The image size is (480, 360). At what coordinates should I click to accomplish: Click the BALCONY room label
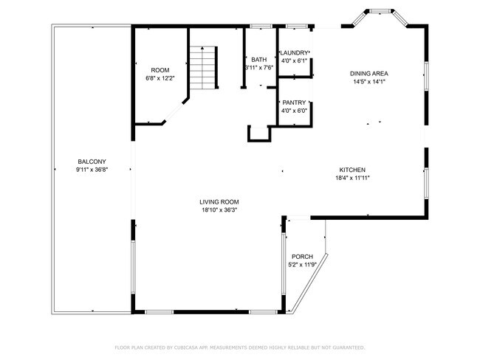(x=92, y=162)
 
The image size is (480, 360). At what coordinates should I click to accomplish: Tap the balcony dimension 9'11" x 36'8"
(x=92, y=170)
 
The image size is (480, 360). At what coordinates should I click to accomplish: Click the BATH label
(x=258, y=60)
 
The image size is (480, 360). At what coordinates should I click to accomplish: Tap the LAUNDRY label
(x=295, y=52)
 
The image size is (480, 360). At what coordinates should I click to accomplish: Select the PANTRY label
(x=295, y=103)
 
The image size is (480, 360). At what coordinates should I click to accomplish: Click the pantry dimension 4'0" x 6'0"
(x=295, y=111)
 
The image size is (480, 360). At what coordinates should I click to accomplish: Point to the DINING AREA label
(x=368, y=74)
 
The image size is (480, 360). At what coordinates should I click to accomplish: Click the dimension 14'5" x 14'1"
(x=368, y=82)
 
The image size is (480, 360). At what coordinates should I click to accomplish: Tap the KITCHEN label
(x=352, y=170)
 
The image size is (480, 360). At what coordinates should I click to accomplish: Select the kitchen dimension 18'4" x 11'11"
(x=352, y=178)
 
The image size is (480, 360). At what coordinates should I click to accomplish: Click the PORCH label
(x=302, y=257)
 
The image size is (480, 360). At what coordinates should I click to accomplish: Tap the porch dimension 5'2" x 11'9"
(x=302, y=265)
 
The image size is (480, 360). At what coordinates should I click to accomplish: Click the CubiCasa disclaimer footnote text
(x=240, y=347)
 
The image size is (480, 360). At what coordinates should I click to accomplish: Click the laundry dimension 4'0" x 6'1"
(x=295, y=60)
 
